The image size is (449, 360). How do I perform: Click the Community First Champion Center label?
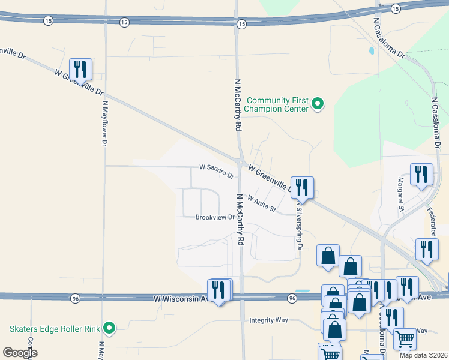(x=278, y=104)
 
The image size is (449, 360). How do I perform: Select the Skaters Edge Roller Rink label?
(x=53, y=328)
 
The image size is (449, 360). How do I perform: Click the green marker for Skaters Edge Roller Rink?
(x=109, y=328)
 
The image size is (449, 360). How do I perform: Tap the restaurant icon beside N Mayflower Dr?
(x=80, y=68)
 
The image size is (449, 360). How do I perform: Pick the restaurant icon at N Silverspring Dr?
(x=301, y=187)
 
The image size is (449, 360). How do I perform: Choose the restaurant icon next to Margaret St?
(x=421, y=174)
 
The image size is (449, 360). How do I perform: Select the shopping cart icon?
(x=405, y=339)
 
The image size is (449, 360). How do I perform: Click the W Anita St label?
(x=261, y=205)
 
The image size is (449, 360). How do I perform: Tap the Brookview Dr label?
(x=214, y=217)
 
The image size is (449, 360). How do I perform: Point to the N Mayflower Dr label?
(x=104, y=123)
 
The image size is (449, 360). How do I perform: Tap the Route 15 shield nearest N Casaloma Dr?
(x=395, y=8)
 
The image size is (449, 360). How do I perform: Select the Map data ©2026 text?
(x=423, y=355)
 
